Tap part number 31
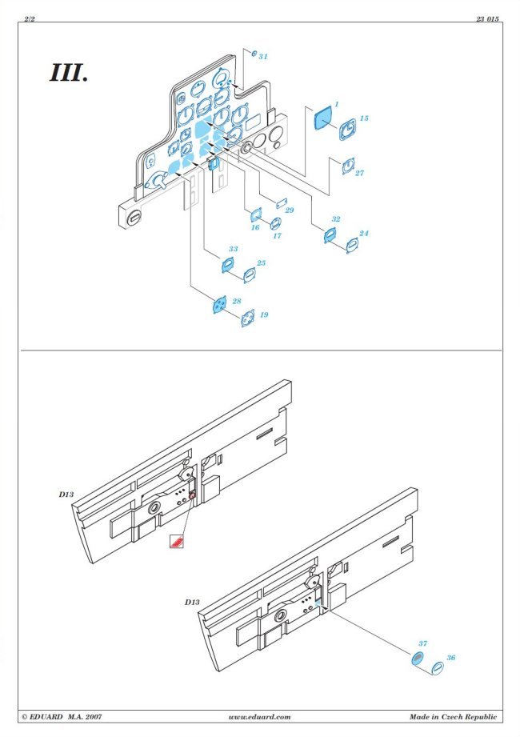coord(263,56)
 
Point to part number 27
coord(359,174)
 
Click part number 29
coord(290,210)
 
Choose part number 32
coord(335,219)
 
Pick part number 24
coord(363,234)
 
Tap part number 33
coord(233,249)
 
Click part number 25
coord(261,263)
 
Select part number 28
coord(236,301)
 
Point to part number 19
coord(263,315)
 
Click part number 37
coord(423,643)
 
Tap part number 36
coord(451,658)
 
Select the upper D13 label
coord(66,495)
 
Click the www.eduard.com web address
coord(259,717)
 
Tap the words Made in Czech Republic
coord(453,717)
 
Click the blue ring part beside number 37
coord(416,659)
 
